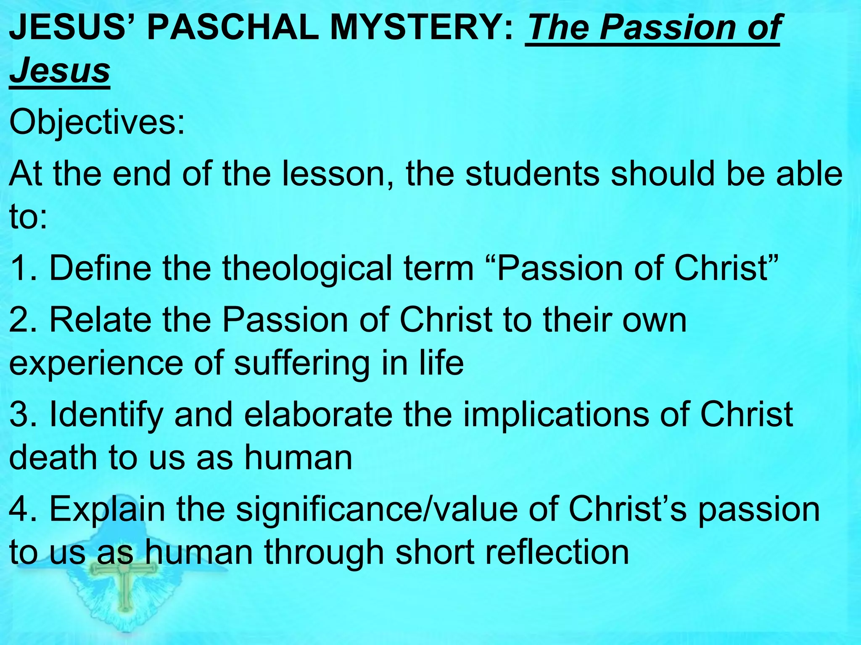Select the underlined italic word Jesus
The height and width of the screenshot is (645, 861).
point(60,70)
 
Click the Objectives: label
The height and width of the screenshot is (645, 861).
point(97,123)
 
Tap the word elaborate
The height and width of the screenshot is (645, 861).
point(318,414)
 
